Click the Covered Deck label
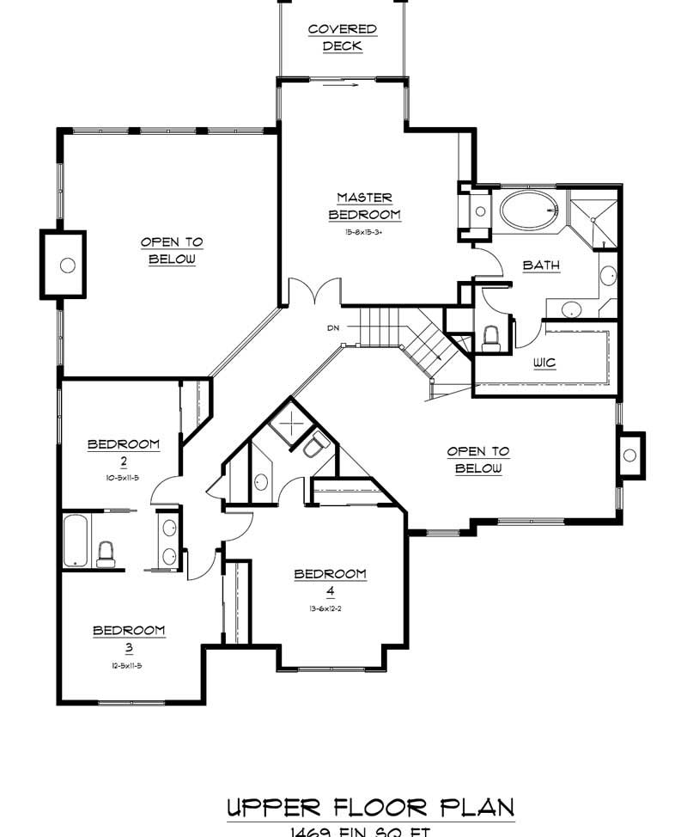[x=343, y=38]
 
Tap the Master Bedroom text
[x=364, y=206]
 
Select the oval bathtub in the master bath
[x=528, y=211]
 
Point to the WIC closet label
[x=544, y=363]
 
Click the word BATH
[x=541, y=266]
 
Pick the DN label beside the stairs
[x=333, y=327]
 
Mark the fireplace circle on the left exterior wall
[x=67, y=265]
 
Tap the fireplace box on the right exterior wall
[x=631, y=455]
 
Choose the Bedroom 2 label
[x=124, y=452]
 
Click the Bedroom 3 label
[x=129, y=638]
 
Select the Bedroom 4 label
[x=330, y=582]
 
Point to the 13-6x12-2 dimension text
[x=330, y=608]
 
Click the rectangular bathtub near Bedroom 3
[x=76, y=540]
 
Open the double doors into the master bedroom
[x=305, y=294]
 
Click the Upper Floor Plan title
[x=370, y=808]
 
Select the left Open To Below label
[x=172, y=251]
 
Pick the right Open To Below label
[x=478, y=460]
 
